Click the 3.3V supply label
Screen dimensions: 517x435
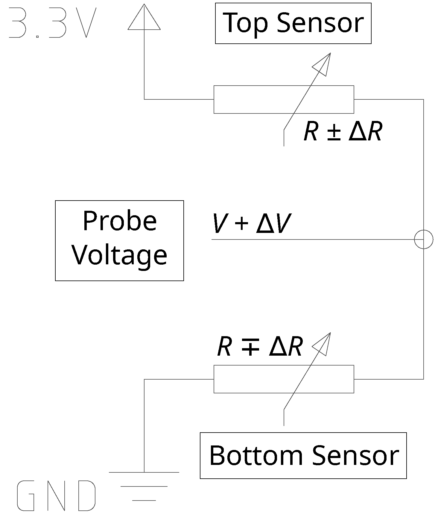tap(53, 23)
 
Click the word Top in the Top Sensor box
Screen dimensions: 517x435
tap(245, 23)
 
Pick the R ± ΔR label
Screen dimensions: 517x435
tap(343, 132)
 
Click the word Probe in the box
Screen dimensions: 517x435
tap(119, 222)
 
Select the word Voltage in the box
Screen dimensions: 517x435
tap(119, 255)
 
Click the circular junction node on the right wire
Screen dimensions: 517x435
tap(423, 239)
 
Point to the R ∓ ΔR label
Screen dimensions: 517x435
tap(260, 347)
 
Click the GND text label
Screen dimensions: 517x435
tap(56, 495)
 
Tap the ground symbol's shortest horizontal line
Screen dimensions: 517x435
tap(144, 500)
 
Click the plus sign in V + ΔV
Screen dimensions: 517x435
tap(242, 224)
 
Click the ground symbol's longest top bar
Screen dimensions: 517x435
tap(144, 472)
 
